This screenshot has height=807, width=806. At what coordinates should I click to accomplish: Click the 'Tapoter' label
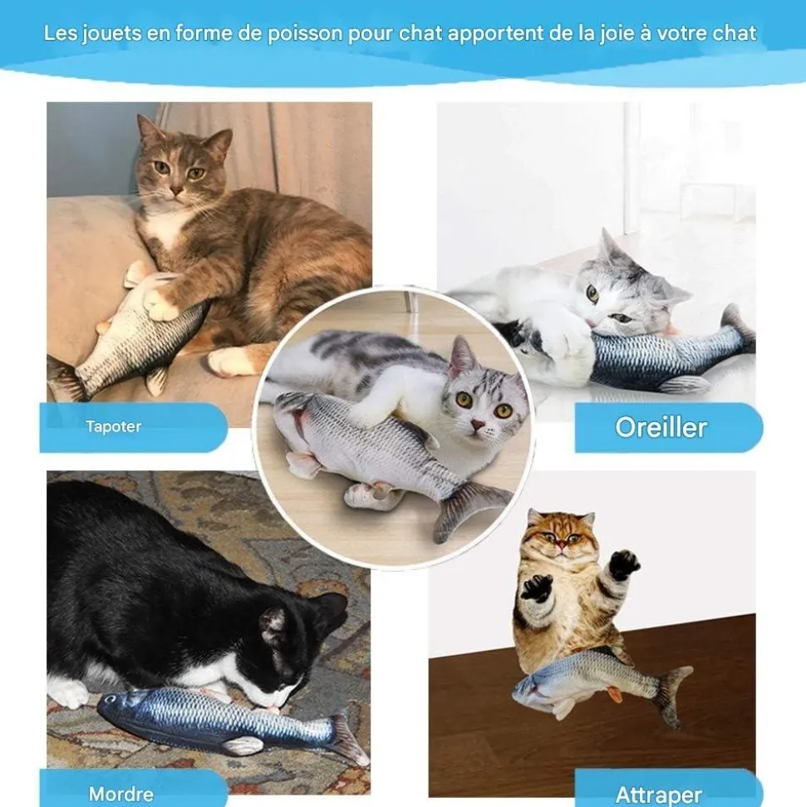click(114, 427)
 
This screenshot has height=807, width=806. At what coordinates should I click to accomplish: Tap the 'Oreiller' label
click(661, 427)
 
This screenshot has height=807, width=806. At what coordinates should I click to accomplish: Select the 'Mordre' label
click(120, 794)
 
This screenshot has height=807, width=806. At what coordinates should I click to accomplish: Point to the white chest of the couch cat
click(166, 229)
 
